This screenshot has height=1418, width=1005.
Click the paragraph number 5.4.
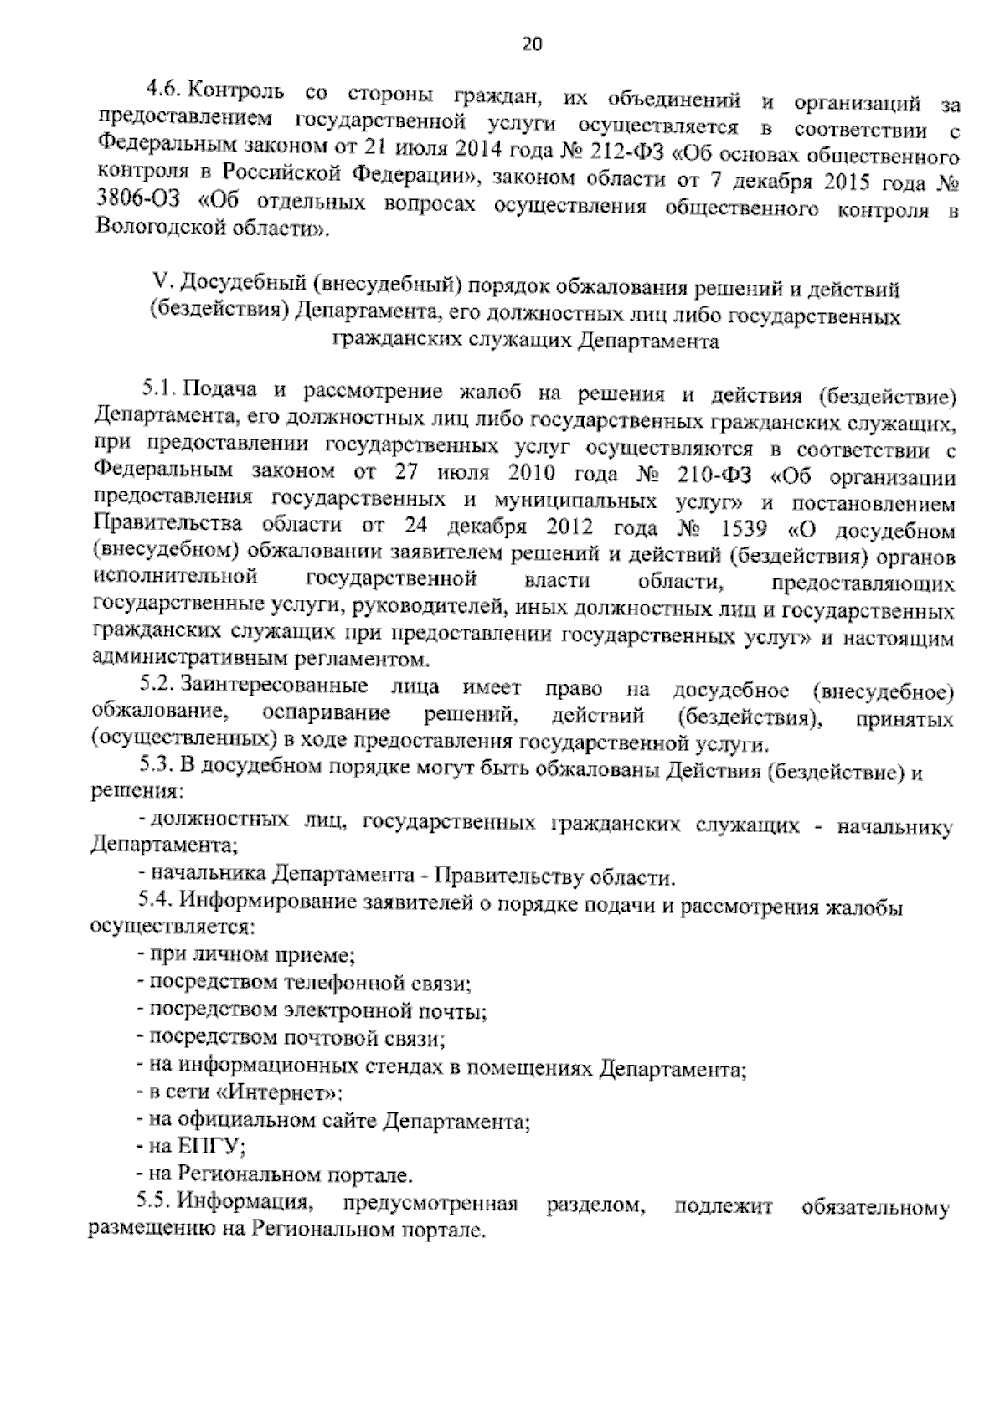(156, 902)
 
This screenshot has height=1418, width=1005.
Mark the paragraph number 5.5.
(156, 1203)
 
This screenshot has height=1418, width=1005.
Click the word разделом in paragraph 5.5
(595, 1206)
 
